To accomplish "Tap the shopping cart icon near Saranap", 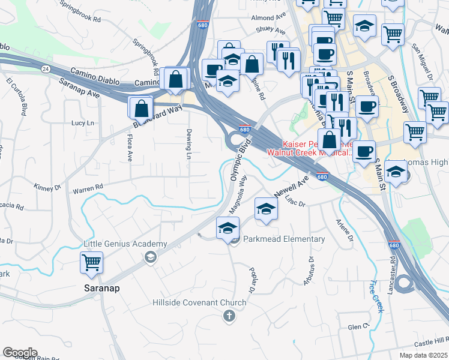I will [x=91, y=262].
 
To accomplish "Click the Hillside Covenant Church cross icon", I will [x=228, y=316].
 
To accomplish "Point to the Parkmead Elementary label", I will [x=284, y=239].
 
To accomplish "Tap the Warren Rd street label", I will [x=88, y=189].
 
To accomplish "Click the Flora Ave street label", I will [x=129, y=148].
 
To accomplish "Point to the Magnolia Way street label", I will [x=238, y=194].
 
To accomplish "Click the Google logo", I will [x=20, y=353].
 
